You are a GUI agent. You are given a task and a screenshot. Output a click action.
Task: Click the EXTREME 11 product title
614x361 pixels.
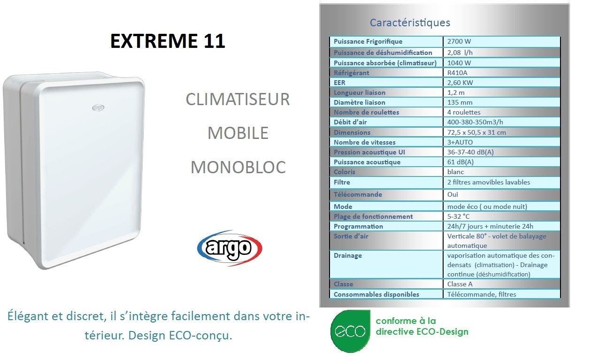tap(168, 41)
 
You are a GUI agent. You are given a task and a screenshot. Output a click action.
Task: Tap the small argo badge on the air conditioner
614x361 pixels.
tap(98, 108)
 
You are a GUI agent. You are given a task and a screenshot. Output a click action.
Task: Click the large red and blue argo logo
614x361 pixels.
tap(230, 248)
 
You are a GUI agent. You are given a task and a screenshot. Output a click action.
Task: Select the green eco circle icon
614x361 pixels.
tap(350, 331)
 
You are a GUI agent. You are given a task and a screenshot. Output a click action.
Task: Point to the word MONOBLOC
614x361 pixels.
tap(238, 167)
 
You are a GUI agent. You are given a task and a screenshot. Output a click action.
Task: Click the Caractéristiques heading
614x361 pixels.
tap(410, 23)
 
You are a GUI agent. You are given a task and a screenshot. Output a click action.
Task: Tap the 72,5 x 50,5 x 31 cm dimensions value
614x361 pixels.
tap(476, 132)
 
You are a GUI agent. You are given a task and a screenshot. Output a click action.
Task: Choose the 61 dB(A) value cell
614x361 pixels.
tap(460, 162)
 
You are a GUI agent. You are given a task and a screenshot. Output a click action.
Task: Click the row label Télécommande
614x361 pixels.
tap(358, 194)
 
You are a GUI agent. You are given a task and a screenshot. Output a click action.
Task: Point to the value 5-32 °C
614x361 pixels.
tap(458, 216)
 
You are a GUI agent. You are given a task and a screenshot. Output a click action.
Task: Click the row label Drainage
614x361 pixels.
tap(347, 256)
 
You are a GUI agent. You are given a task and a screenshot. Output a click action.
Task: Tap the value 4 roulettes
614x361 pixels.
tap(464, 112)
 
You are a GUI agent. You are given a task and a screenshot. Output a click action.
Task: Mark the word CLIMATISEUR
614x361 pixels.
tap(238, 99)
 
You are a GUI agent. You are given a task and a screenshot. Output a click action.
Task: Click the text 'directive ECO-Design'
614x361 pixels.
tap(422, 332)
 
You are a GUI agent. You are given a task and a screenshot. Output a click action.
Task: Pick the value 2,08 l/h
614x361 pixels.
tap(460, 53)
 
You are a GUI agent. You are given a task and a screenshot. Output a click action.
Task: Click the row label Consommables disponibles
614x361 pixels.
tap(376, 294)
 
